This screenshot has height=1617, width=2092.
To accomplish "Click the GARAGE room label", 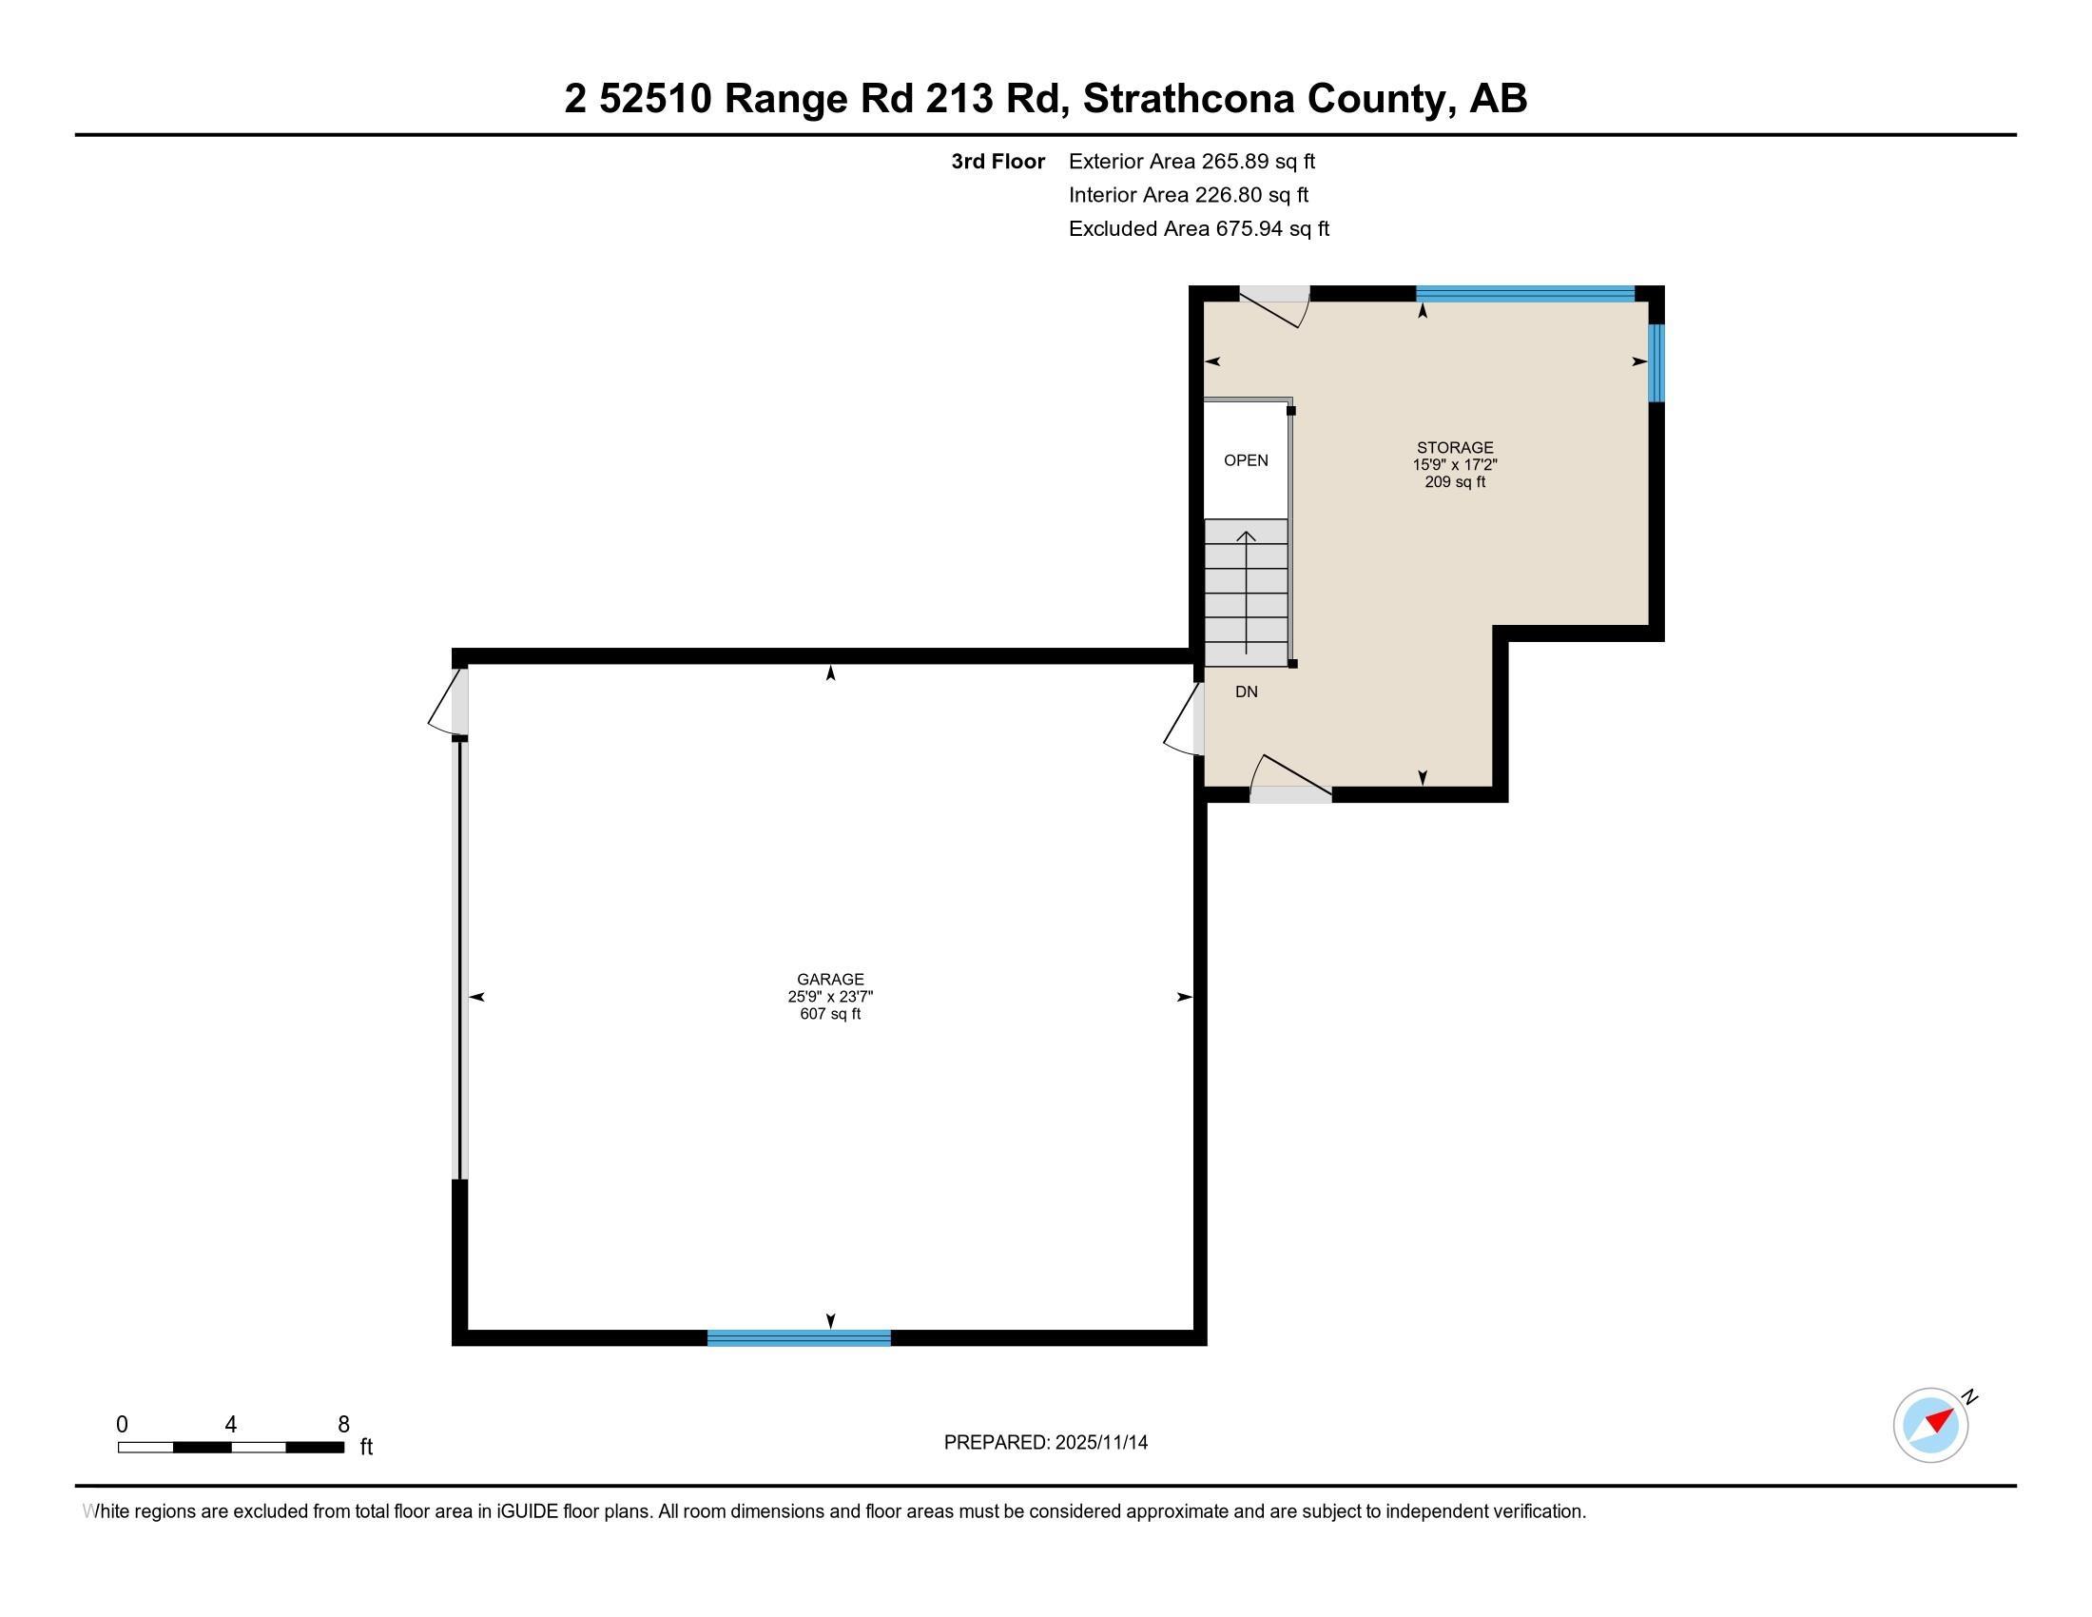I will pyautogui.click(x=829, y=979).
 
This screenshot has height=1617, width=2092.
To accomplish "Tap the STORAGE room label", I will pyautogui.click(x=1454, y=447).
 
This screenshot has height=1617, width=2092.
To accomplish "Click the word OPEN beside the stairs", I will pyautogui.click(x=1246, y=460).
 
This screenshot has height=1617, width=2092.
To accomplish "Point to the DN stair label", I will pyautogui.click(x=1246, y=692).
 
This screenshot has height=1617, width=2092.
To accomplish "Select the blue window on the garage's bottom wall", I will pyautogui.click(x=798, y=1338).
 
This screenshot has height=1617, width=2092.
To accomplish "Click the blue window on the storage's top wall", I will pyautogui.click(x=1524, y=294).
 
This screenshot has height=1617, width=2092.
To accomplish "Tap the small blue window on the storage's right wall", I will pyautogui.click(x=1656, y=363).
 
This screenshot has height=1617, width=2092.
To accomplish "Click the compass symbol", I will pyautogui.click(x=1930, y=1425).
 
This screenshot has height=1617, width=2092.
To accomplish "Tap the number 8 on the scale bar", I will pyautogui.click(x=344, y=1425).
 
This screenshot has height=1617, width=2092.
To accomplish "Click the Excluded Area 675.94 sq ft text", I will pyautogui.click(x=1198, y=229).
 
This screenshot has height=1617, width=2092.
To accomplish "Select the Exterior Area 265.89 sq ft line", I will pyautogui.click(x=1191, y=162).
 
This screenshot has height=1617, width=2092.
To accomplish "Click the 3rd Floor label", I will pyautogui.click(x=998, y=162).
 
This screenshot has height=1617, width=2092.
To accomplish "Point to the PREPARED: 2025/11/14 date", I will pyautogui.click(x=1045, y=1443).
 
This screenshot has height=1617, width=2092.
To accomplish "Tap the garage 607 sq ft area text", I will pyautogui.click(x=829, y=1014).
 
